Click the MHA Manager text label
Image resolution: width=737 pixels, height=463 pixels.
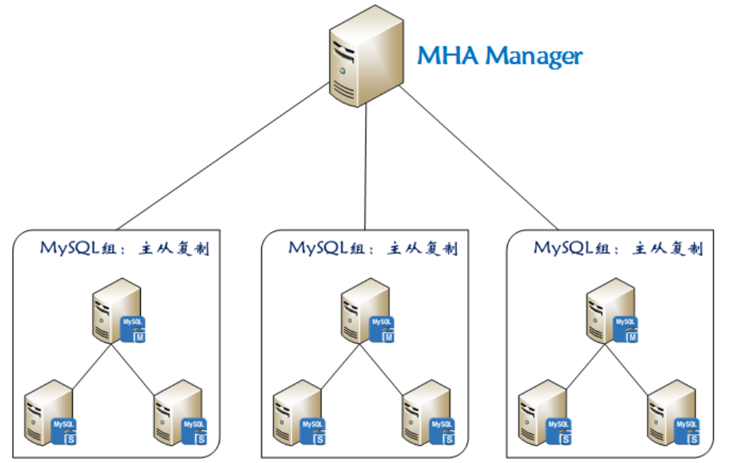click(499, 55)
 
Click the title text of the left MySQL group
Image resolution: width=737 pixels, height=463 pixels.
click(125, 249)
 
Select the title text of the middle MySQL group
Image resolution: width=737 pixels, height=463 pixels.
click(373, 249)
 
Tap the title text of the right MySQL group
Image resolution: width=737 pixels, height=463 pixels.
click(618, 249)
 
